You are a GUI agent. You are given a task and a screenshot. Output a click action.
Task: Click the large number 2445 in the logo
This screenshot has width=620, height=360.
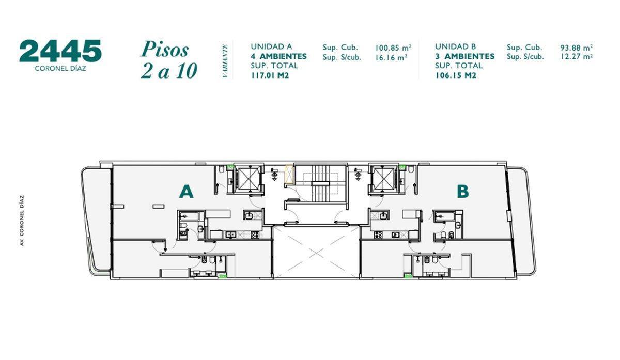tap(60, 51)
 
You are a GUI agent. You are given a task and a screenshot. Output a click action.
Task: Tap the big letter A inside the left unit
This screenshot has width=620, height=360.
tap(186, 192)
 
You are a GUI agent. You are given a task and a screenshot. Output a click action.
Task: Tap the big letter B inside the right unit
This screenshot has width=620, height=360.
tap(462, 192)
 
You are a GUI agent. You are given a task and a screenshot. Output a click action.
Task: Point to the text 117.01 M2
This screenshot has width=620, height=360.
tap(270, 75)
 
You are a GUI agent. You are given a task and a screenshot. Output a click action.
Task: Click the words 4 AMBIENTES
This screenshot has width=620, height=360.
tap(278, 56)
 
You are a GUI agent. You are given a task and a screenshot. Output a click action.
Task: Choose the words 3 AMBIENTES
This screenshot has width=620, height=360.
tap(464, 56)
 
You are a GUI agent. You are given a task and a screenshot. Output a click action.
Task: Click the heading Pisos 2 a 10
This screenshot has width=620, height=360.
tap(168, 60)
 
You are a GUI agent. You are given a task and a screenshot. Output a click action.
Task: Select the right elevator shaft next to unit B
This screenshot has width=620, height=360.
tap(383, 179)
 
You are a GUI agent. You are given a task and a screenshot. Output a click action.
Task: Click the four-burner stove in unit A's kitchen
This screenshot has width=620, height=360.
tap(255, 235)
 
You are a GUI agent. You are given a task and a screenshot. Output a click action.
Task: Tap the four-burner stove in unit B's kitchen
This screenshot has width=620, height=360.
tap(378, 235)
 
